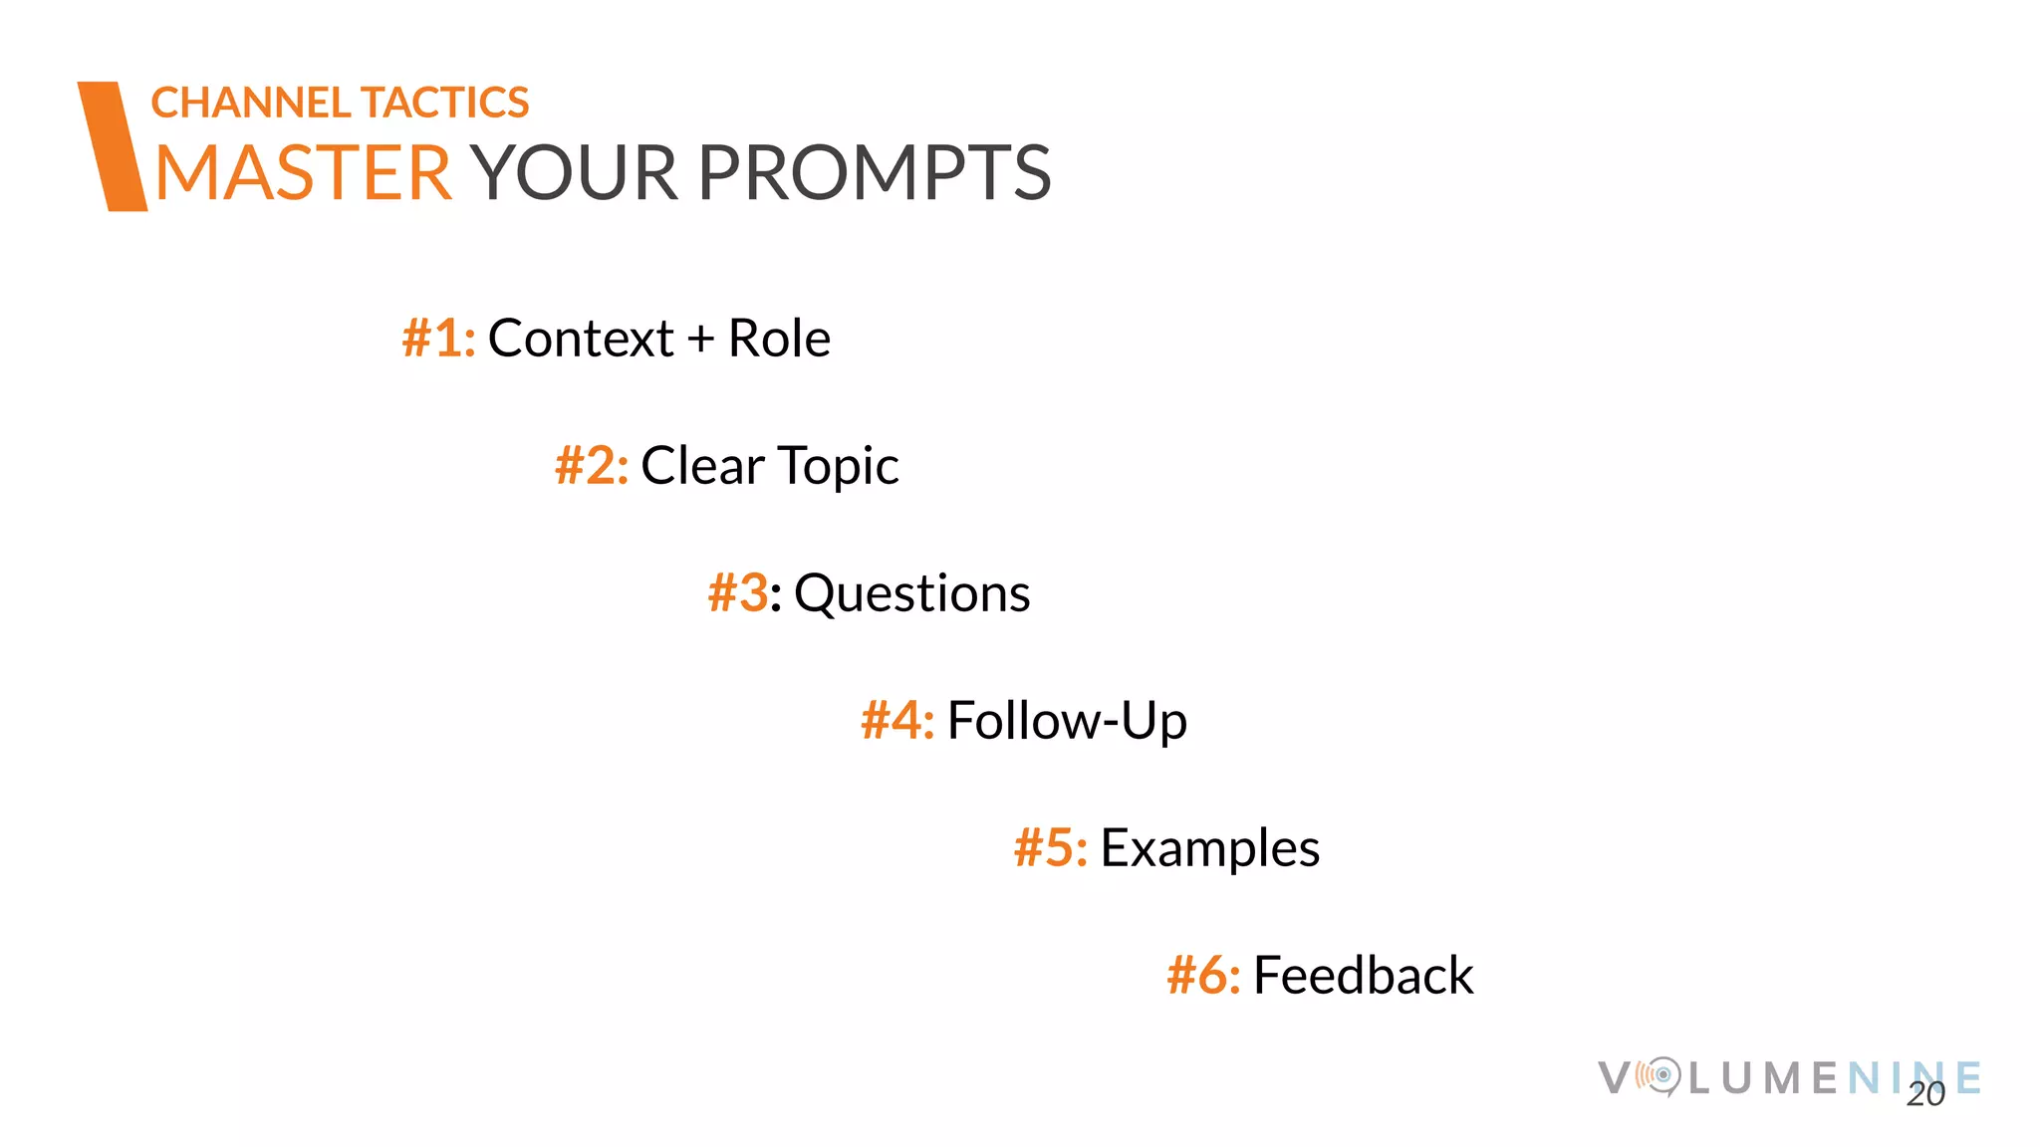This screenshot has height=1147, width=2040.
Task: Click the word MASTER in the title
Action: tap(304, 173)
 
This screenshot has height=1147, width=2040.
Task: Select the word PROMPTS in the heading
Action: tap(874, 173)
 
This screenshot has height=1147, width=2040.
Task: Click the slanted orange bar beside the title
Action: tap(113, 146)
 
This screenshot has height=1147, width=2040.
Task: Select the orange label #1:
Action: tap(438, 339)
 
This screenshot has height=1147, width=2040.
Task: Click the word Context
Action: tap(581, 339)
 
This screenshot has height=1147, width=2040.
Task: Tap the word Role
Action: tap(779, 339)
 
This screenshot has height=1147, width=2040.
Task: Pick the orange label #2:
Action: tap(592, 466)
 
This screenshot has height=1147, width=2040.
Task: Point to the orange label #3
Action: tap(738, 593)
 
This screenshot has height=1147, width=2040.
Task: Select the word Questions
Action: tap(911, 593)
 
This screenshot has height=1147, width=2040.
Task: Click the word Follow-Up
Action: tap(1067, 721)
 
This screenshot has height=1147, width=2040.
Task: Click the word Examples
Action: tap(1209, 848)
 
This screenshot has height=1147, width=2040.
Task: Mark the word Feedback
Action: tap(1363, 976)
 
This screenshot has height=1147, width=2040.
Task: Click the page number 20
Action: tap(1925, 1094)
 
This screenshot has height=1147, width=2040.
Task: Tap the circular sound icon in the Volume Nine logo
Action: tap(1660, 1075)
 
